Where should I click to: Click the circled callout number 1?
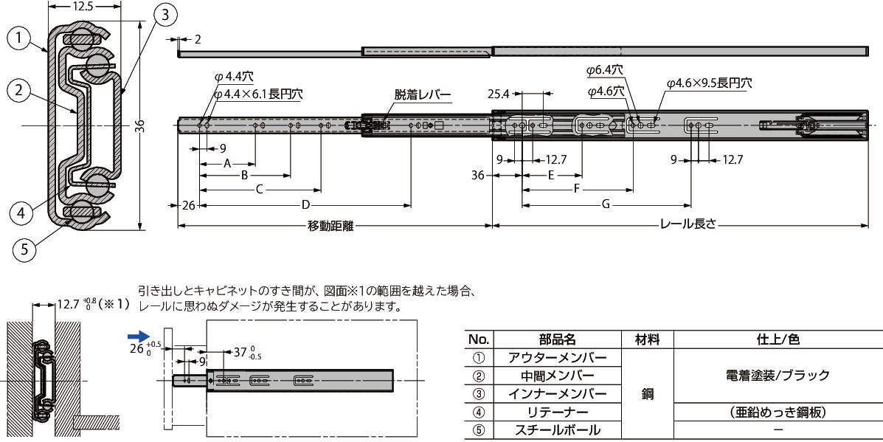(20, 38)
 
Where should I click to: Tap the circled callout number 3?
(165, 15)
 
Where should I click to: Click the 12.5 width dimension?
(83, 6)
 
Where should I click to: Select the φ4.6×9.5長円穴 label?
(709, 83)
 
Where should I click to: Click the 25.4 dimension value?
(498, 94)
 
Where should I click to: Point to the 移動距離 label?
(330, 227)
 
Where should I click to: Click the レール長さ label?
(688, 224)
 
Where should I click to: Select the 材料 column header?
(647, 339)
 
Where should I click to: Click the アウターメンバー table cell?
(558, 358)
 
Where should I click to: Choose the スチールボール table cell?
(558, 430)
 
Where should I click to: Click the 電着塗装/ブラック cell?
(778, 375)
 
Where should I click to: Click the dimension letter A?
(227, 163)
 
